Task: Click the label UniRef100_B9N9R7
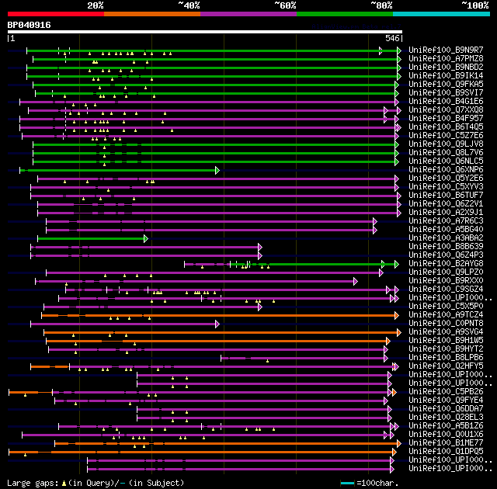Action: coord(445,50)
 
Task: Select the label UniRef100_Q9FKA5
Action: coord(445,85)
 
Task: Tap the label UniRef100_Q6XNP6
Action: coord(445,170)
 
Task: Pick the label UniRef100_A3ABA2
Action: coord(445,238)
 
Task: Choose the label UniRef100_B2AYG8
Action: coord(445,264)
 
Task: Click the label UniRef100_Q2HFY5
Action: coord(445,366)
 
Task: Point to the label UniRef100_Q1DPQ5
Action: coord(445,451)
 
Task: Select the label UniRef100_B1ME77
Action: coord(445,442)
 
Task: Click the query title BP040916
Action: coord(30,25)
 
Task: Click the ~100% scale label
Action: coord(474,5)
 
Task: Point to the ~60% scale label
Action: coord(285,5)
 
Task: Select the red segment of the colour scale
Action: coord(55,14)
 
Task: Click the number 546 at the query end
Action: coord(391,37)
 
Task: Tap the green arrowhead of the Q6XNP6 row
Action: coord(217,170)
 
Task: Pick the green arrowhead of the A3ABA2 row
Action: coord(145,238)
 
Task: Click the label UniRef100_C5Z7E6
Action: coord(445,136)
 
